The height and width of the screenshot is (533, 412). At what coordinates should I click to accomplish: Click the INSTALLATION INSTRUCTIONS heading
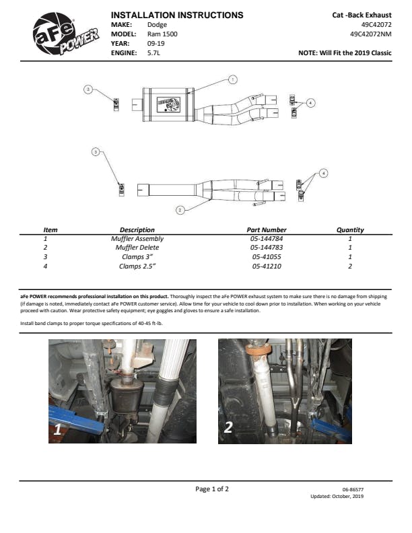[177, 15]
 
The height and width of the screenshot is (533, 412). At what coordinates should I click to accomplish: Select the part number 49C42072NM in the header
[370, 34]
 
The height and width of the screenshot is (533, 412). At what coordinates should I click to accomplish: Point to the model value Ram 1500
[163, 34]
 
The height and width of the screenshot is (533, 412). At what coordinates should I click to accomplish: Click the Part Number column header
[267, 229]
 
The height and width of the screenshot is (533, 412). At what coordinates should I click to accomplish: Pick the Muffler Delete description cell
[137, 248]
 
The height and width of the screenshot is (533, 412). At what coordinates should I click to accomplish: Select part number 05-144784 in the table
[267, 239]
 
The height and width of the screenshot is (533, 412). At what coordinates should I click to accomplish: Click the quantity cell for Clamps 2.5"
[350, 266]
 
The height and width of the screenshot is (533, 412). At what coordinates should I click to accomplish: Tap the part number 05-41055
[267, 257]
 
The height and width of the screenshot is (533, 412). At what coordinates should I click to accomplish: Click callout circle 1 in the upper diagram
[233, 79]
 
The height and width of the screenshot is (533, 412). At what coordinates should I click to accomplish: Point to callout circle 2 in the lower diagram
[180, 210]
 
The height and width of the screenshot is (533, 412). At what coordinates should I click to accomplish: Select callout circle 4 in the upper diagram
[310, 102]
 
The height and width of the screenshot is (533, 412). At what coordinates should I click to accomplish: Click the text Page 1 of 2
[212, 489]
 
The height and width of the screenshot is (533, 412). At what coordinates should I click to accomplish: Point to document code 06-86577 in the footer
[353, 490]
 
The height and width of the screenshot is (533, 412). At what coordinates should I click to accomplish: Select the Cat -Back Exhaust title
[362, 15]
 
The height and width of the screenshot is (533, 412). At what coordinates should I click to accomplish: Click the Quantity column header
[350, 229]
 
